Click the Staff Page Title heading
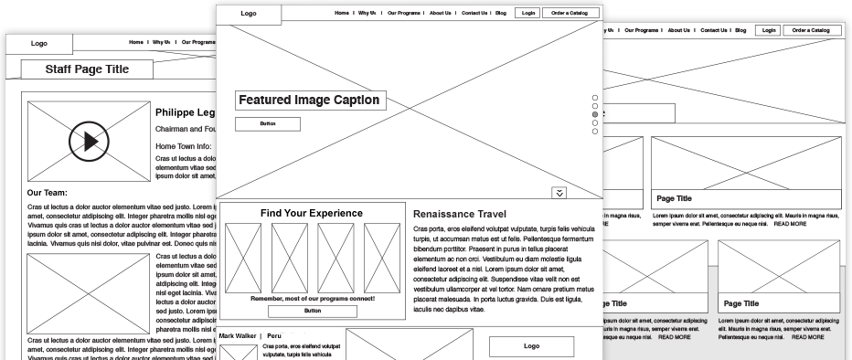point(87,69)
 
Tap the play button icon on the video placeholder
point(89,141)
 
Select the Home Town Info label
point(183,146)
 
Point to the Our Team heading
point(47,193)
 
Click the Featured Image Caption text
point(308,100)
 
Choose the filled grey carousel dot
point(595,114)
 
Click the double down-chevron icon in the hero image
point(559,192)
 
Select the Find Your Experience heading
point(311,213)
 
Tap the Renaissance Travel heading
point(460,214)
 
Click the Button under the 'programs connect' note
point(313,311)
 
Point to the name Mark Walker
point(238,336)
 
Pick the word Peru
point(274,336)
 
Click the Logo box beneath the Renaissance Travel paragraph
point(531,346)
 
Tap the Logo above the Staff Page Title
point(39,43)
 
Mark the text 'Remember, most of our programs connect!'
point(312,299)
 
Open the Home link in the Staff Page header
point(136,42)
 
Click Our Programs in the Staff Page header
point(197,42)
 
